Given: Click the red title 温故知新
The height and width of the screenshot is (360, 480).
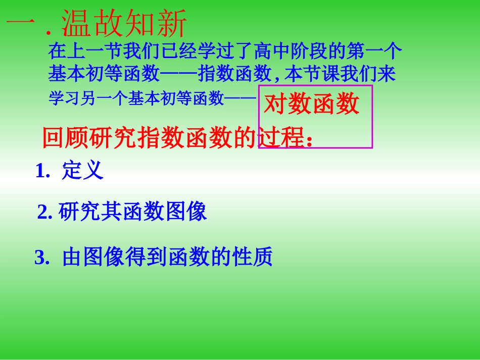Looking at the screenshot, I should click(124, 24).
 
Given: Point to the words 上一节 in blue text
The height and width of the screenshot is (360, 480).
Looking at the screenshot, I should click(86, 52).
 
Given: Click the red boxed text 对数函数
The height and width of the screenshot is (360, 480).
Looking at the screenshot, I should click(312, 105).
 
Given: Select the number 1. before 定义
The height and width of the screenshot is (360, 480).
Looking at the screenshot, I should click(42, 172).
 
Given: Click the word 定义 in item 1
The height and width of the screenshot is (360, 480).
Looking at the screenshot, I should click(82, 171).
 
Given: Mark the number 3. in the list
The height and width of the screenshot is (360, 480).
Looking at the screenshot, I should click(42, 258).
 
